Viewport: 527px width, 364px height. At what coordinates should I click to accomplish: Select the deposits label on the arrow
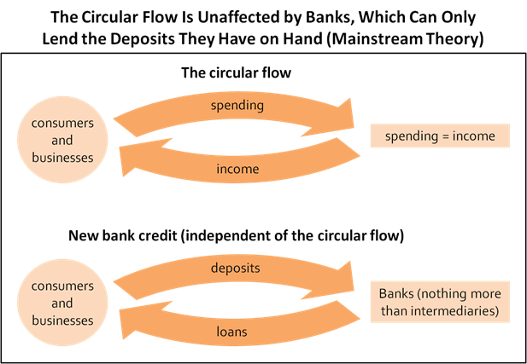click(235, 269)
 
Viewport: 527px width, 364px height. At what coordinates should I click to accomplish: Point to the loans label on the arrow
click(231, 332)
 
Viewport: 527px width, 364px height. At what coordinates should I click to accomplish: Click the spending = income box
click(440, 136)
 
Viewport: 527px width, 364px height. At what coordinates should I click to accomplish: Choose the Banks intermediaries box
click(440, 302)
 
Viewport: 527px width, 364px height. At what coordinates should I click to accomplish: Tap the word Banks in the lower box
click(395, 293)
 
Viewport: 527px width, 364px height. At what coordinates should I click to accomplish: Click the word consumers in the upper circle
click(56, 123)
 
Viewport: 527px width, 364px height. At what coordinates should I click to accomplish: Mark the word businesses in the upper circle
click(56, 157)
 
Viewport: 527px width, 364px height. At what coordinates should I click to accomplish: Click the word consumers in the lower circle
click(56, 286)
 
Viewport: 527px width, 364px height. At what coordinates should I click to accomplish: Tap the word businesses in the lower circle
click(56, 321)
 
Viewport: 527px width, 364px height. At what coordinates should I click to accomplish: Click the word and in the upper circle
click(56, 140)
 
